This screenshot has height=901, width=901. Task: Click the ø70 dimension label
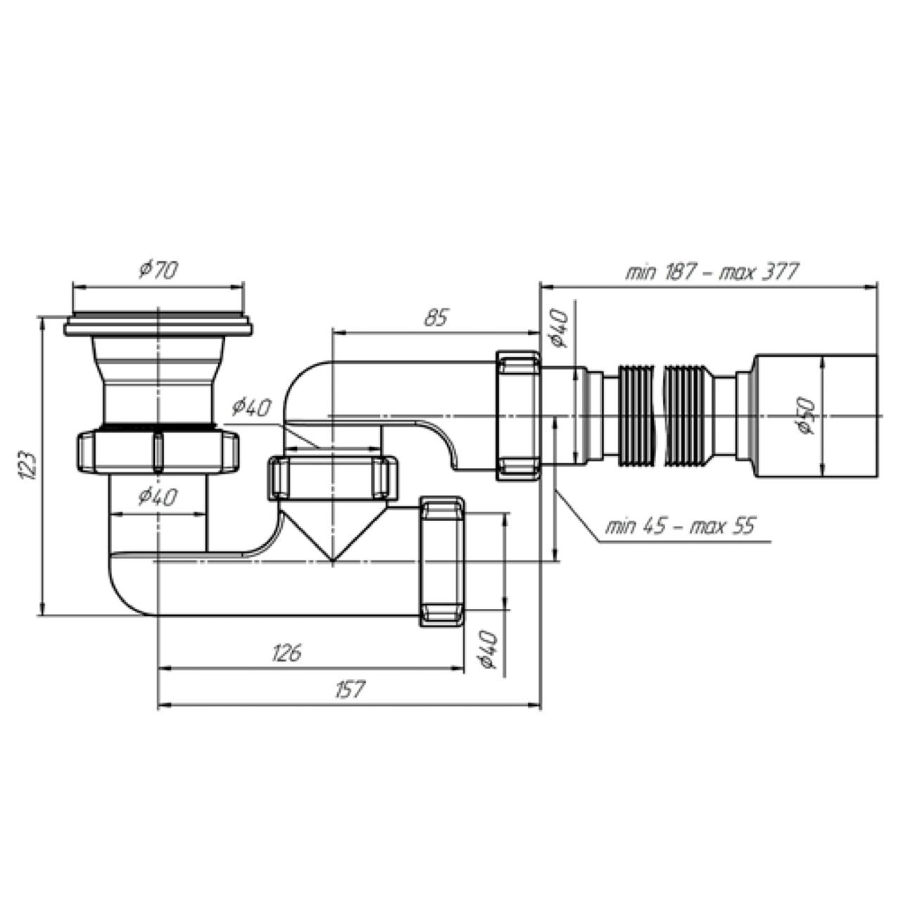pos(158,270)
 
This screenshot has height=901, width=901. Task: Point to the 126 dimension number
pos(286,653)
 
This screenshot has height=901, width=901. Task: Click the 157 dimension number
pos(349,689)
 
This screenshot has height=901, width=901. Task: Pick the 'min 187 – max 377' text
pos(712,272)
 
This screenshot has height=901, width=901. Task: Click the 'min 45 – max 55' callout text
pos(680,527)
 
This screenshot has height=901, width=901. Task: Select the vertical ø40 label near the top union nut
pos(559,329)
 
